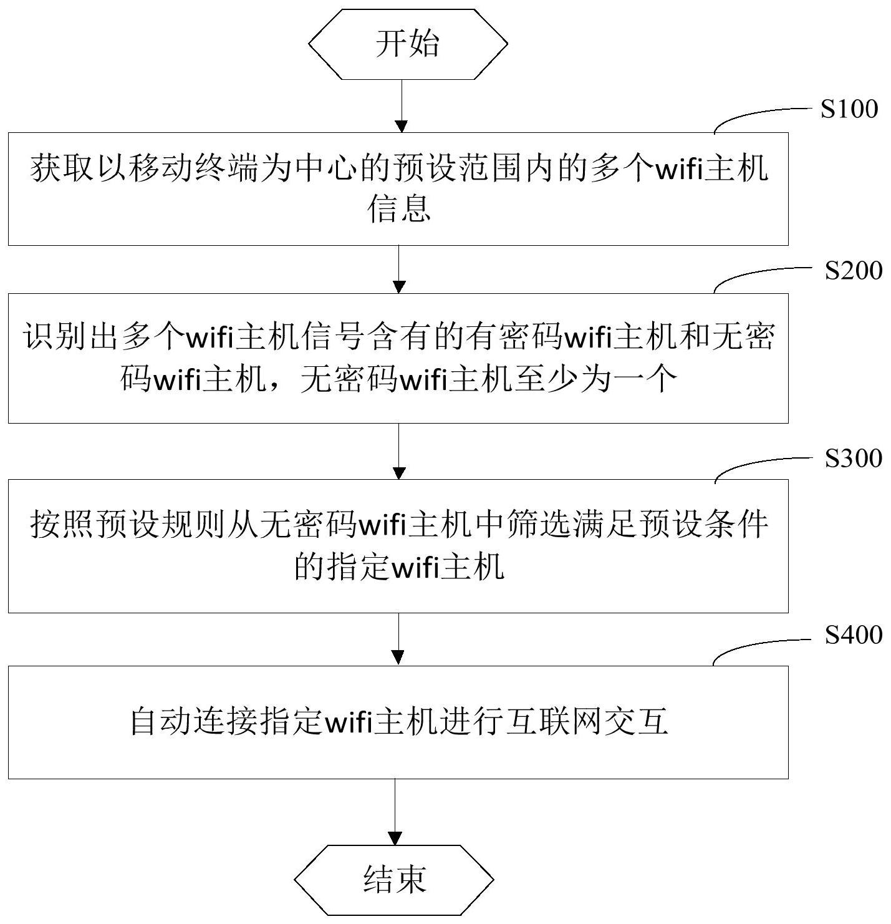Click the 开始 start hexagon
pos(408,44)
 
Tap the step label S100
pos(849,109)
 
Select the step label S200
pos(853,271)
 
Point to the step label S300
pos(853,459)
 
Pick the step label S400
pos(853,635)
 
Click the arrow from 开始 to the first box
pos(402,106)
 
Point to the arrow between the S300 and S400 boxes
pos(398,639)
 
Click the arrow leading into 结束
pos(395,812)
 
